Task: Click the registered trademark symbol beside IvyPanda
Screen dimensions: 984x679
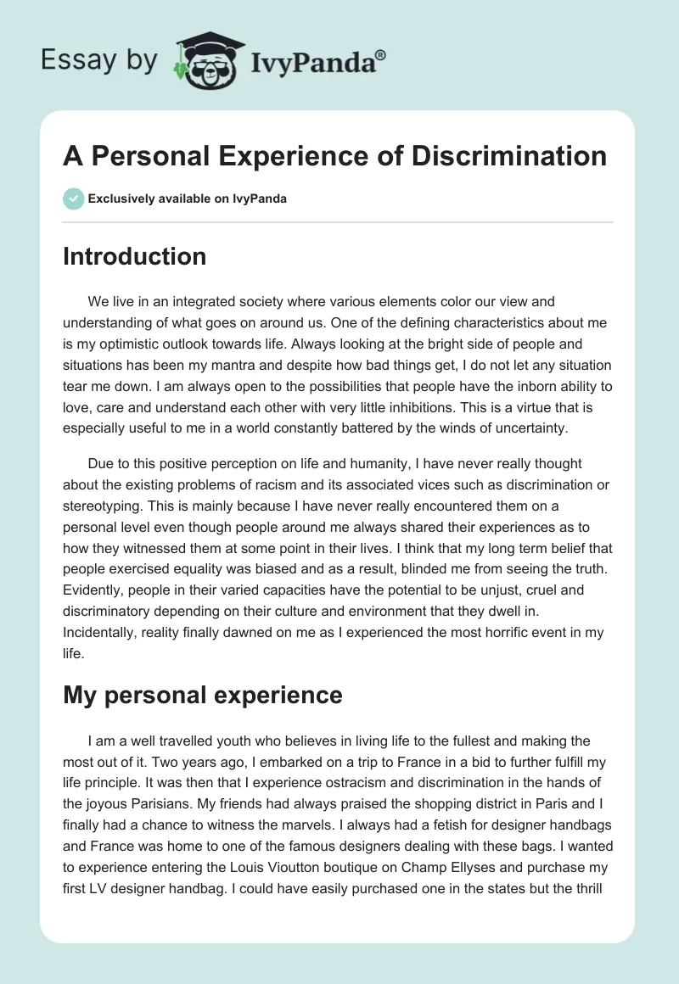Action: coord(381,54)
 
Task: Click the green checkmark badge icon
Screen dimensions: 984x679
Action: coord(73,198)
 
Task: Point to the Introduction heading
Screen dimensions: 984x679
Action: coord(134,256)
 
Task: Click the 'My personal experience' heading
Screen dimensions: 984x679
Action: coord(202,696)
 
